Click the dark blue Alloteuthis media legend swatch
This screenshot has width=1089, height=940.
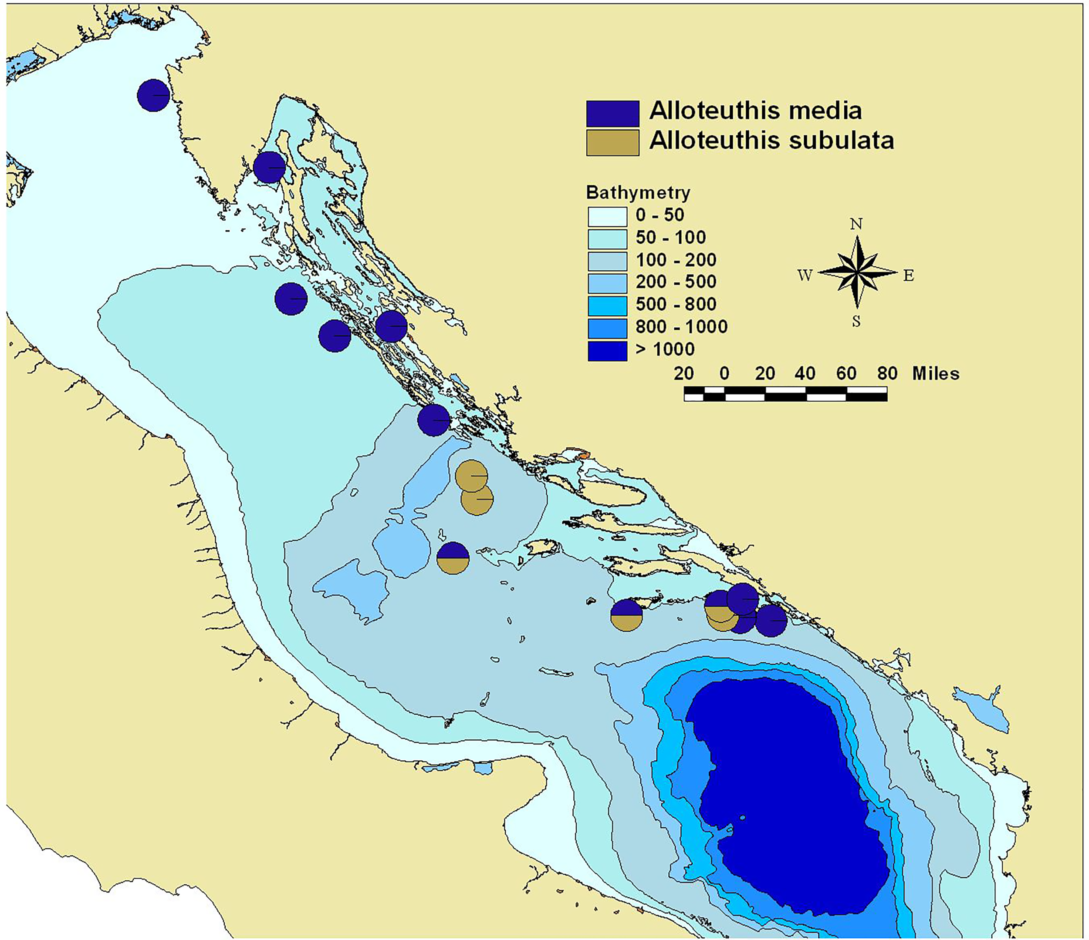point(612,114)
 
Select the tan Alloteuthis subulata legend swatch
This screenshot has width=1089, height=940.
point(612,142)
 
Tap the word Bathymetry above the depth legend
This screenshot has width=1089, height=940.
point(638,193)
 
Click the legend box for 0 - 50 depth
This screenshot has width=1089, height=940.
point(607,216)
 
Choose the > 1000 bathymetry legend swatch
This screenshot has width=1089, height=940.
point(607,350)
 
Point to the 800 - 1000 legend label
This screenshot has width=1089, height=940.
point(681,327)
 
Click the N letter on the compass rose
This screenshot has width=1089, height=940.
point(856,224)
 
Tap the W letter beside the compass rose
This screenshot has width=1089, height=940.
point(805,275)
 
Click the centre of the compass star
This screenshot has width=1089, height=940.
point(857,272)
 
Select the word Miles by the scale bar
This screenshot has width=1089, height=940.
point(936,373)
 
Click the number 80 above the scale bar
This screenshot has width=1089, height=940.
point(887,373)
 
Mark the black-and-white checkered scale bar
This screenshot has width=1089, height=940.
point(785,393)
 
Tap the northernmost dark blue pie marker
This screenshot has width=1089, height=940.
point(153,95)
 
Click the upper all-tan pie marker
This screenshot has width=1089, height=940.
point(471,476)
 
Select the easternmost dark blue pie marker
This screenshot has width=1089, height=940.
point(771,621)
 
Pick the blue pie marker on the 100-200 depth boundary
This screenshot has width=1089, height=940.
point(433,420)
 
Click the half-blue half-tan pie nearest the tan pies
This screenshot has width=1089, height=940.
point(453,558)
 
